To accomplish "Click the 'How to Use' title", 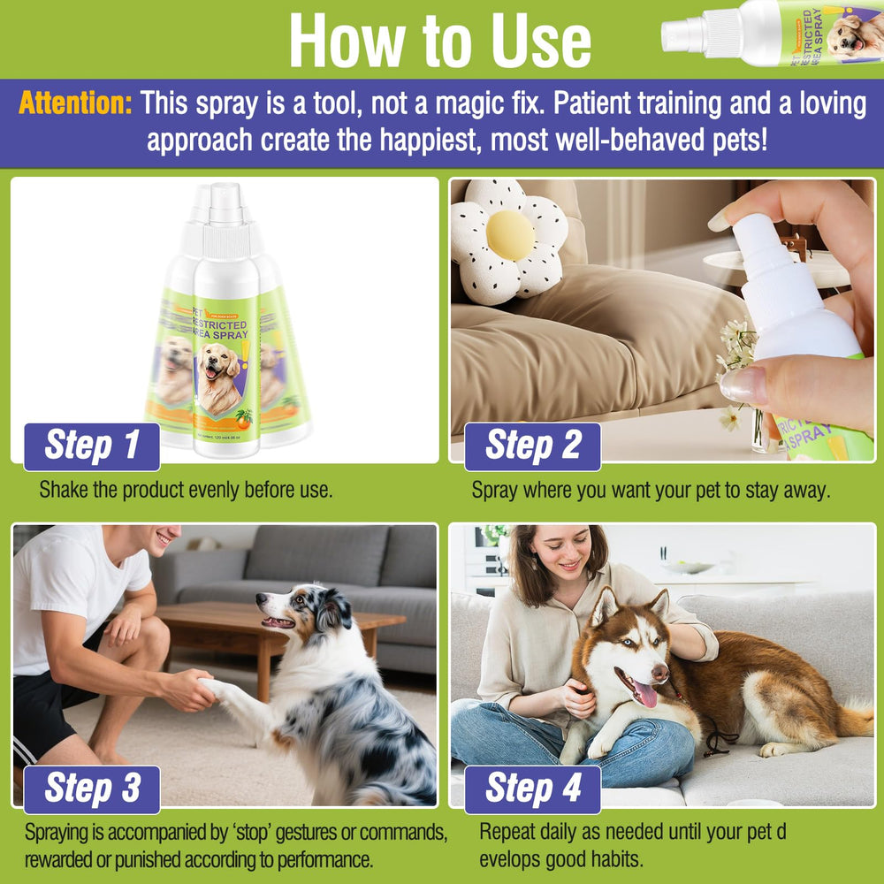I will (439, 39).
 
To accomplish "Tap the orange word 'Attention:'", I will (75, 103).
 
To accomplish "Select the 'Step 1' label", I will (92, 446).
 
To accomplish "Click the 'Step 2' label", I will (533, 446).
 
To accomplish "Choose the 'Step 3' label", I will (92, 789).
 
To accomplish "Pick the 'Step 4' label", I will (533, 789).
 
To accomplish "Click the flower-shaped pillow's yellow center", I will (510, 235).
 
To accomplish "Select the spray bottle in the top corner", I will (769, 34).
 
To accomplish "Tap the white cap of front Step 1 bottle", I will (226, 212).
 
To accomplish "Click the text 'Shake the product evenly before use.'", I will (186, 490).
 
